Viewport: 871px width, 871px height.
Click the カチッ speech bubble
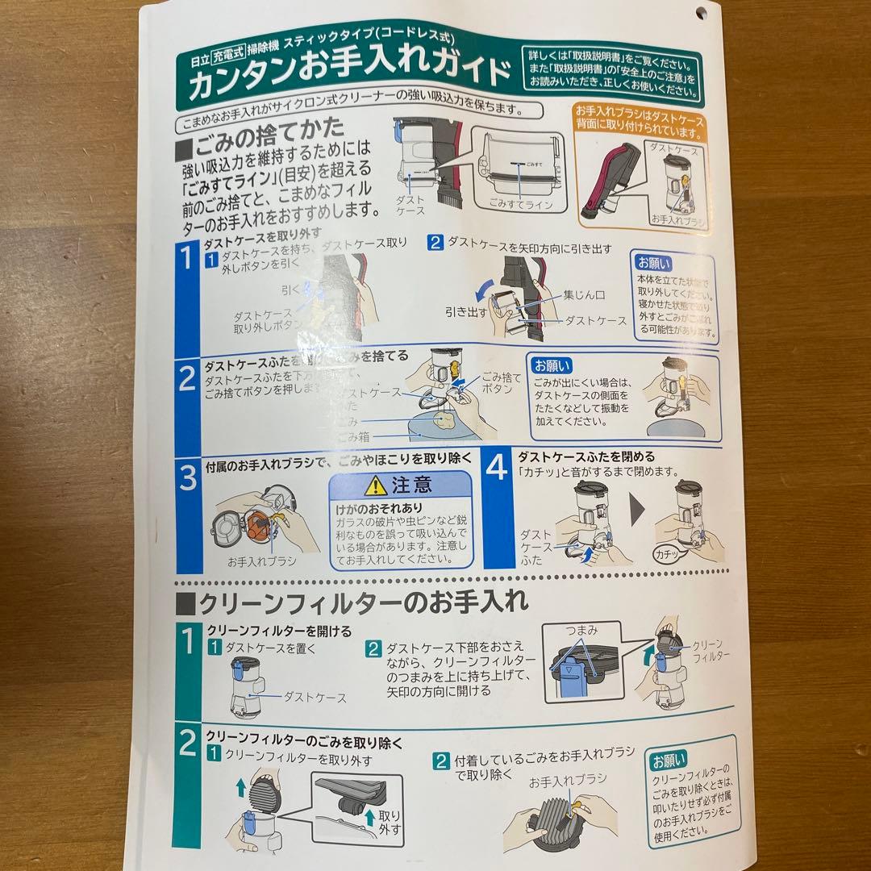point(668,555)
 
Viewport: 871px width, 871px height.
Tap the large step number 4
point(496,469)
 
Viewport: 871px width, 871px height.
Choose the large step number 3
point(188,479)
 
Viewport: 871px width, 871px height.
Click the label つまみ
point(581,629)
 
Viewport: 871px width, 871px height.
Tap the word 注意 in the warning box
point(411,485)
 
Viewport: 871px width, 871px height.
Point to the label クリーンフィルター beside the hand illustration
point(708,649)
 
